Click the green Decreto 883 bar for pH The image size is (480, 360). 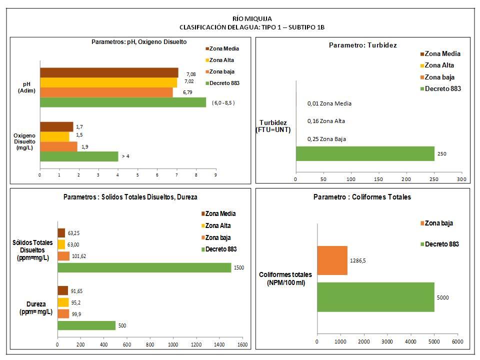point(122,102)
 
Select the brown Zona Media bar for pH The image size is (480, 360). point(109,72)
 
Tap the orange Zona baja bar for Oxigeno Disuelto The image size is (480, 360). point(58,146)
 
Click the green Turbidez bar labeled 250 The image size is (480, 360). point(364,153)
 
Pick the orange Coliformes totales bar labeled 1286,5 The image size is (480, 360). point(332,260)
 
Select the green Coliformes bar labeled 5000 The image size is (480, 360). point(375,297)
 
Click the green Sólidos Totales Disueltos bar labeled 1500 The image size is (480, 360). point(144,267)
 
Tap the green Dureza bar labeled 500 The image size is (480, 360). point(86,325)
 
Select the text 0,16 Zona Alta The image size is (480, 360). point(326,121)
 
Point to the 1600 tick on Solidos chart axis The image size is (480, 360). point(242,345)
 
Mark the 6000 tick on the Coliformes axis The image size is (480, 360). point(457,341)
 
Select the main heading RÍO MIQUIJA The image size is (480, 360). point(242,19)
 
